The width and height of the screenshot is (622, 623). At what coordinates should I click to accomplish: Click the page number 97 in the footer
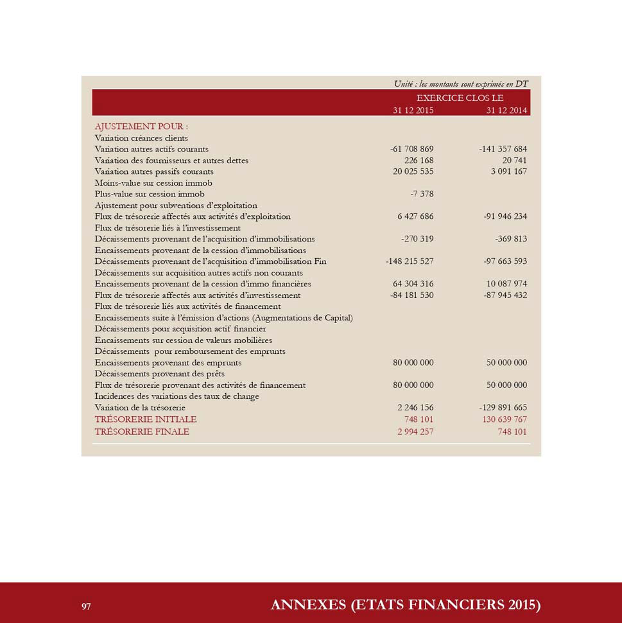click(x=85, y=606)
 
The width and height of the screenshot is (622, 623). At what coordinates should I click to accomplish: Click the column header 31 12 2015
click(x=413, y=110)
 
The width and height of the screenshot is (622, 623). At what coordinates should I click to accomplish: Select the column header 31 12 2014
click(x=506, y=110)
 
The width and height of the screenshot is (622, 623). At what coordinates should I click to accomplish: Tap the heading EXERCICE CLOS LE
click(x=460, y=98)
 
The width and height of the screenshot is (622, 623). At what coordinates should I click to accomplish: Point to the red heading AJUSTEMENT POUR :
click(x=141, y=127)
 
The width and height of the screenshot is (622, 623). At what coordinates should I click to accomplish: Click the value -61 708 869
click(x=411, y=149)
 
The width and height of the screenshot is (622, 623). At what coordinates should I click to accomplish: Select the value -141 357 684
click(x=503, y=149)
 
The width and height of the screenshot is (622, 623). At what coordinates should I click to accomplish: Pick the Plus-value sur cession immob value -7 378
click(x=422, y=194)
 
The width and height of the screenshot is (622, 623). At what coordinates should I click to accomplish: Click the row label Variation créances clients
click(x=141, y=138)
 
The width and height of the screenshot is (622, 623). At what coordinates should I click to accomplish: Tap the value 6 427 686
click(x=415, y=216)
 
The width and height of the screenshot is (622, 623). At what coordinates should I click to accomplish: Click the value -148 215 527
click(x=410, y=261)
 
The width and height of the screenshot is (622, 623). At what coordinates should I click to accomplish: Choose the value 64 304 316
click(x=413, y=284)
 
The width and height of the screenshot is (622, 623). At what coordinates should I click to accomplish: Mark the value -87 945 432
click(x=505, y=295)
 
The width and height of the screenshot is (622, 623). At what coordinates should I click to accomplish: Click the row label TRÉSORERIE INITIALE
click(x=146, y=419)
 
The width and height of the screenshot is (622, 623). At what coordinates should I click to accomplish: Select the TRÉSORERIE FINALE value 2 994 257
click(x=415, y=432)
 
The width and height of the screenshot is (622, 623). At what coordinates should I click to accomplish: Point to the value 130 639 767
click(x=505, y=419)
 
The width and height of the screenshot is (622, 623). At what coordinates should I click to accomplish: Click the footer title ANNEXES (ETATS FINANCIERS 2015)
click(x=406, y=605)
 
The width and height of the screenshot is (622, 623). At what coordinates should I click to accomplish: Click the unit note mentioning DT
click(x=461, y=84)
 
